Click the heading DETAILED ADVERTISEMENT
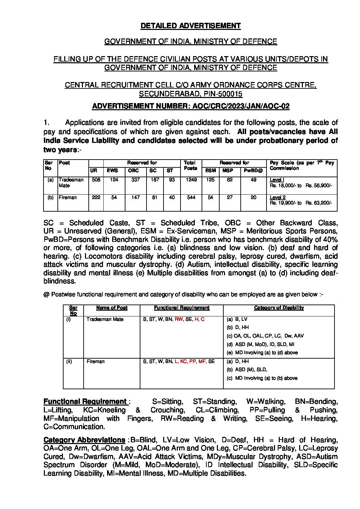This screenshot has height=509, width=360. (x=190, y=26)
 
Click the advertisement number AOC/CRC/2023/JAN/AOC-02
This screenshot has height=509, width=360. (x=241, y=106)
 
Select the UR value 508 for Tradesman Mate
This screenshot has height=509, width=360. (x=96, y=180)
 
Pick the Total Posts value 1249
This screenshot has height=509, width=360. (x=191, y=180)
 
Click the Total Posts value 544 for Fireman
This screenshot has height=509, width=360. (x=191, y=197)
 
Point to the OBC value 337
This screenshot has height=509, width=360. (x=135, y=180)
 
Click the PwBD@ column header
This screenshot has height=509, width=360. (x=253, y=170)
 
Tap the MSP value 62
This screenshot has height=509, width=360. (x=230, y=180)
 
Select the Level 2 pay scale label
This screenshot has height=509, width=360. (x=277, y=197)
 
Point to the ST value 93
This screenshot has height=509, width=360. (x=172, y=180)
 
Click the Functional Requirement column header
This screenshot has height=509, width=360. (x=182, y=308)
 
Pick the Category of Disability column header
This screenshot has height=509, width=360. (x=279, y=308)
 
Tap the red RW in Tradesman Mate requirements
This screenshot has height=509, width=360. (x=178, y=319)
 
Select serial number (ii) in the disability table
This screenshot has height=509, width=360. (x=69, y=361)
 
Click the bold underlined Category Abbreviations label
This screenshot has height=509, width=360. (x=84, y=440)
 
